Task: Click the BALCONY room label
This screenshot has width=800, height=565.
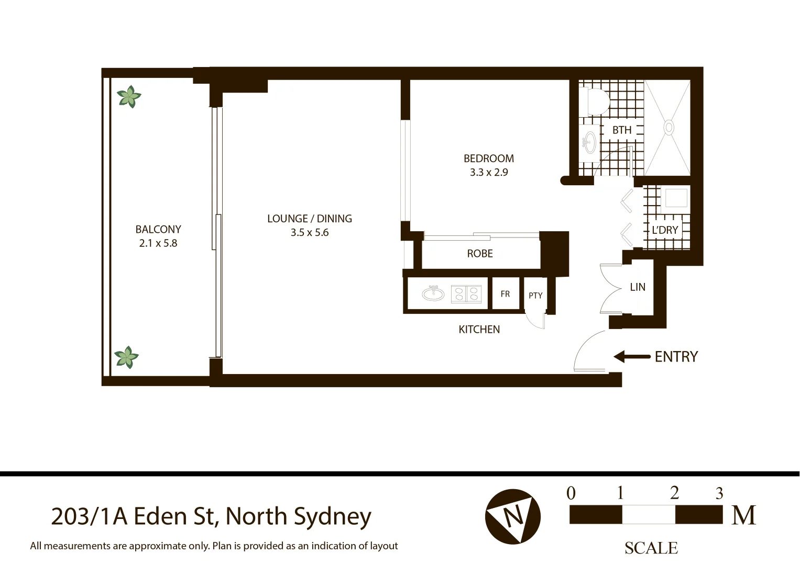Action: pyautogui.click(x=158, y=229)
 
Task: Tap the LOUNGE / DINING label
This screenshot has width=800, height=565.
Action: pyautogui.click(x=309, y=219)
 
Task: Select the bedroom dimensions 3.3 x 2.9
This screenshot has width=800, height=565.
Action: pyautogui.click(x=488, y=172)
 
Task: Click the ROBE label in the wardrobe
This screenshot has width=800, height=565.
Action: pyautogui.click(x=480, y=254)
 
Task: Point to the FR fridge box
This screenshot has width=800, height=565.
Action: pyautogui.click(x=505, y=294)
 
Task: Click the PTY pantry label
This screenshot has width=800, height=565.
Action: pyautogui.click(x=535, y=296)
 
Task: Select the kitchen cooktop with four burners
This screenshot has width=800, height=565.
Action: pyautogui.click(x=466, y=294)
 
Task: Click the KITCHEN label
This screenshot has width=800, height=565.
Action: pyautogui.click(x=479, y=330)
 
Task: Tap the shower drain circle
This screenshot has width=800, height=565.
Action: pyautogui.click(x=669, y=127)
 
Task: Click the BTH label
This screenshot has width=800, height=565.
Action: pyautogui.click(x=622, y=130)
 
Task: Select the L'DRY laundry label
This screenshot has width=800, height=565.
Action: pyautogui.click(x=665, y=230)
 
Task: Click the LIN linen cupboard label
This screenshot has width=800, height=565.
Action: pyautogui.click(x=638, y=287)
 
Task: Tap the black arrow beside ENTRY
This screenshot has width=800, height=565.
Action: pyautogui.click(x=631, y=357)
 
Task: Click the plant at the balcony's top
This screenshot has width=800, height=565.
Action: pyautogui.click(x=128, y=97)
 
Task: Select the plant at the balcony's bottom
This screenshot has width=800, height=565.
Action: pyautogui.click(x=126, y=357)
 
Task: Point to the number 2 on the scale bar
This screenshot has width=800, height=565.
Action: pyautogui.click(x=674, y=493)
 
